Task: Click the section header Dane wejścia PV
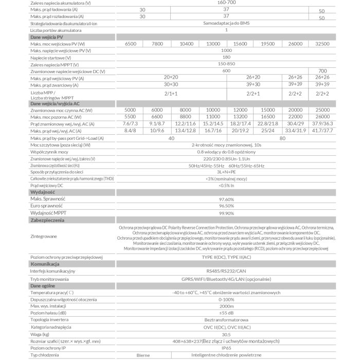pyautogui.click(x=47, y=37)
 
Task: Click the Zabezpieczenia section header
pyautogui.click(x=47, y=220)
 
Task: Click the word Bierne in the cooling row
pyautogui.click(x=143, y=355)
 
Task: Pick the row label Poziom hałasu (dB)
pyautogui.click(x=48, y=312)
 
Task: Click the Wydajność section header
pyautogui.click(x=43, y=192)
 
